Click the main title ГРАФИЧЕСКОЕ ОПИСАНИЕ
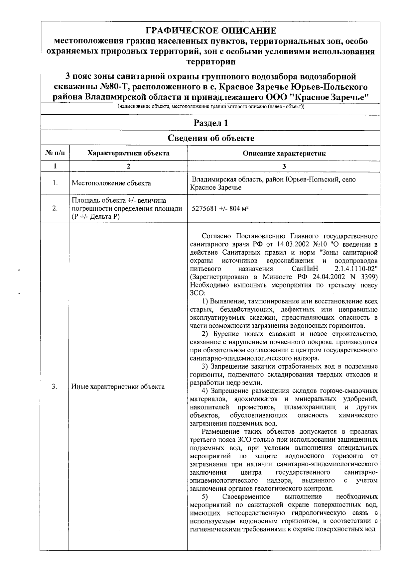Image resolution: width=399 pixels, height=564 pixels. (x=211, y=31)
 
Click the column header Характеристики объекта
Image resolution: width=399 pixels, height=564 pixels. (x=128, y=153)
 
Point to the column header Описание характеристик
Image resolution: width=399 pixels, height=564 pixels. (x=284, y=153)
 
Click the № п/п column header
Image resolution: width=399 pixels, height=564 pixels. (x=55, y=153)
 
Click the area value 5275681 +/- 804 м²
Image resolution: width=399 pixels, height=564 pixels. (x=220, y=209)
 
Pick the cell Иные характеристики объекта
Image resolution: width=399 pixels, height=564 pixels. (x=118, y=387)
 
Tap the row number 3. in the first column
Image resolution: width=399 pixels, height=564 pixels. (x=55, y=387)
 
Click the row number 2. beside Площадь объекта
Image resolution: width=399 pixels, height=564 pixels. (x=55, y=208)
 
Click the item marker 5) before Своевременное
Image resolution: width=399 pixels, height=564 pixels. (x=205, y=497)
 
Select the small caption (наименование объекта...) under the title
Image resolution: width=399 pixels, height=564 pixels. (x=211, y=107)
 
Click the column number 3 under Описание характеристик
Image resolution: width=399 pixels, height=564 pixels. (x=284, y=167)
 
